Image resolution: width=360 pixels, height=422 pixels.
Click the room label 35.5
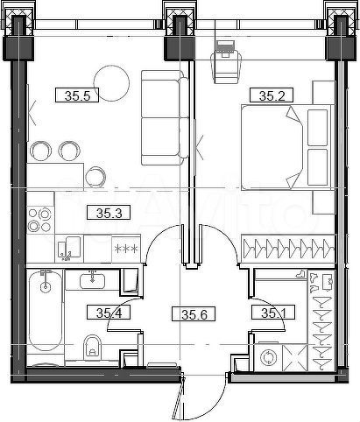74,95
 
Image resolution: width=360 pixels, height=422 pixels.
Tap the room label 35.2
266,95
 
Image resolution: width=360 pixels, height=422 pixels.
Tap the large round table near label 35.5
111,84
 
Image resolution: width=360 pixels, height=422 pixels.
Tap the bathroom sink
92,281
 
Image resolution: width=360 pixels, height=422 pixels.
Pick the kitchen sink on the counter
69,247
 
